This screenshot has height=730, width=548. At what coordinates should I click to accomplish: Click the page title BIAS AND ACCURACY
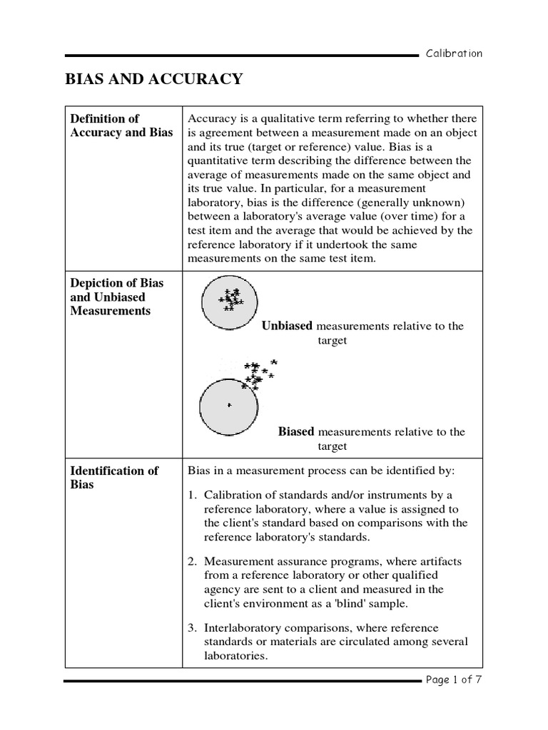point(153,79)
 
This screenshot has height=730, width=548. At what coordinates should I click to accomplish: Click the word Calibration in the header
point(454,53)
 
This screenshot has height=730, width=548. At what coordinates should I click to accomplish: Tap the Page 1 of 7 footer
point(454,679)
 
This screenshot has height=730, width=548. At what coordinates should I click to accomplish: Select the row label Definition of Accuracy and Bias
point(121,125)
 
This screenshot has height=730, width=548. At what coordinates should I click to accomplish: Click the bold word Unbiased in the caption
point(287,326)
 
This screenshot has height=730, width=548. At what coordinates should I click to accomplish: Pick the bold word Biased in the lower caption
point(295,431)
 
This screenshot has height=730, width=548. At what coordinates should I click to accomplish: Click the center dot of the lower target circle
point(229,405)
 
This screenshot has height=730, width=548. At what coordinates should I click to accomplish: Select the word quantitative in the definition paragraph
point(217,160)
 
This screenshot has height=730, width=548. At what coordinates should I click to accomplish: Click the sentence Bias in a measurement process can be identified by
point(320,471)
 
